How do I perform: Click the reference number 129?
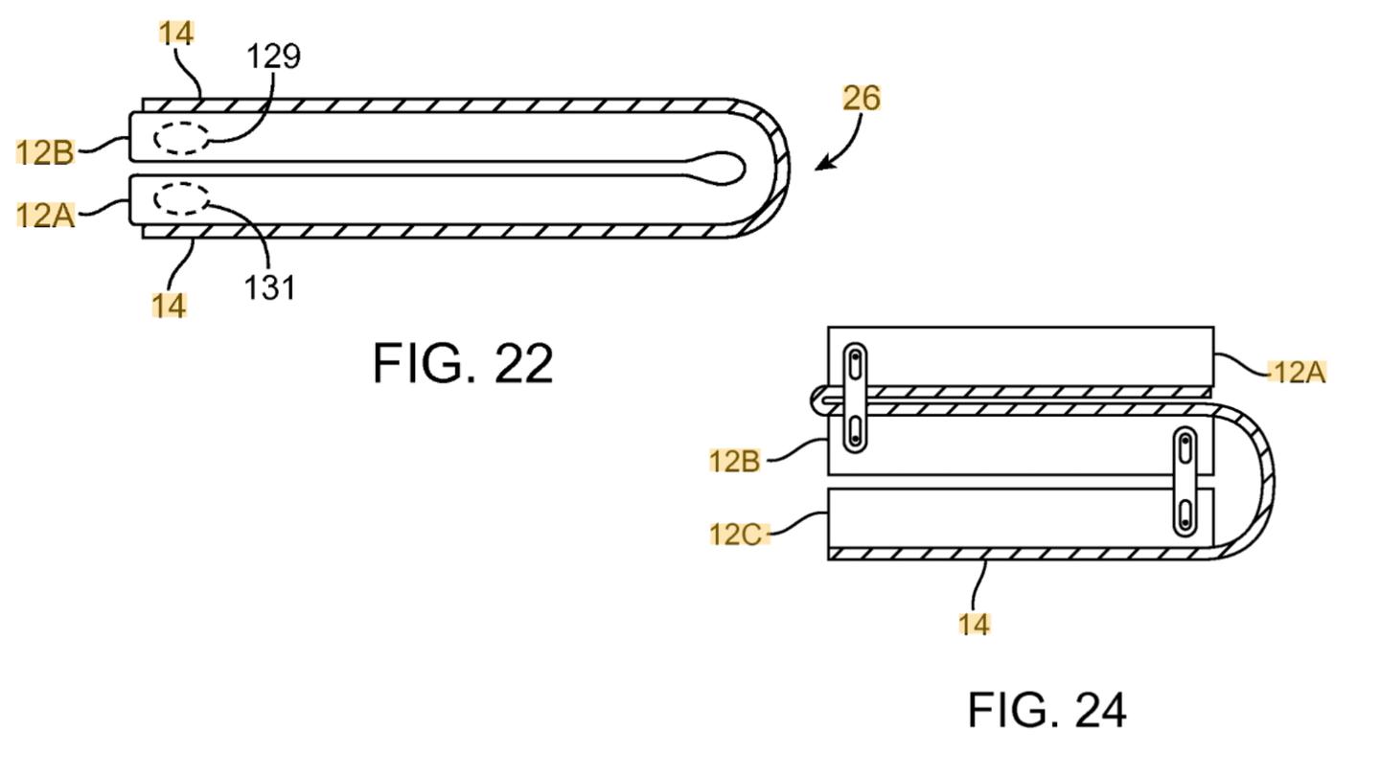point(273,57)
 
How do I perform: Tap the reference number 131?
point(270,287)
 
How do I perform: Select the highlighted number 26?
point(862,98)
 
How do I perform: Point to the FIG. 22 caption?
point(463,363)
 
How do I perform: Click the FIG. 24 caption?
point(1047,710)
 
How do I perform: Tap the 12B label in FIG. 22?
point(45,152)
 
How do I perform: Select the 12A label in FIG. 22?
point(45,216)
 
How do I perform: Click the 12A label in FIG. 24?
point(1299,373)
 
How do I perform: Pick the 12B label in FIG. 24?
point(734,461)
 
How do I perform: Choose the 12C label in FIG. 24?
point(736,534)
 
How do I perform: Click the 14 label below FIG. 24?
point(974,624)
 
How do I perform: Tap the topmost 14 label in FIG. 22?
point(176,33)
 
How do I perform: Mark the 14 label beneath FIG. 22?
point(169,306)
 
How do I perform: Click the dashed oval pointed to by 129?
point(181,138)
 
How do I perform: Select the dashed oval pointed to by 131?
point(181,198)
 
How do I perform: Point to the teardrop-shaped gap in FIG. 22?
point(715,168)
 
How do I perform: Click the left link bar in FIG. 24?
point(855,398)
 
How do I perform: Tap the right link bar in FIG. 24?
point(1185,481)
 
